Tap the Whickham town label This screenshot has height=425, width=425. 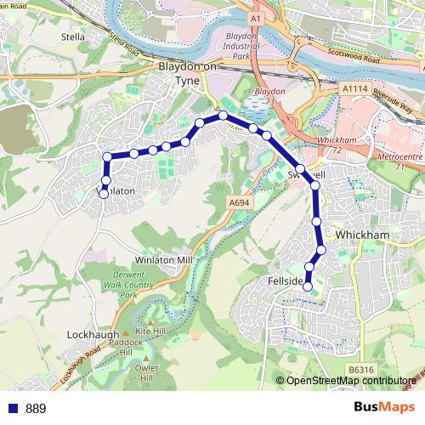[362, 234]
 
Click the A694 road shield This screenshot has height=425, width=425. [239, 202]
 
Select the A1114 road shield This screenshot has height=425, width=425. [354, 88]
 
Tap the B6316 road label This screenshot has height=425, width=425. [360, 370]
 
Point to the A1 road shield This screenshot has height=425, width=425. [256, 17]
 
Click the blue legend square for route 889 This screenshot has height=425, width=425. [12, 409]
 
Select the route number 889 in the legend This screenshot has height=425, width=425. [36, 409]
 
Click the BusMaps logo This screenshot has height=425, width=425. [384, 407]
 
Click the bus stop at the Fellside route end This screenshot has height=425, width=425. [309, 286]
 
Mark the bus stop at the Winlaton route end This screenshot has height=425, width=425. [104, 194]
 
